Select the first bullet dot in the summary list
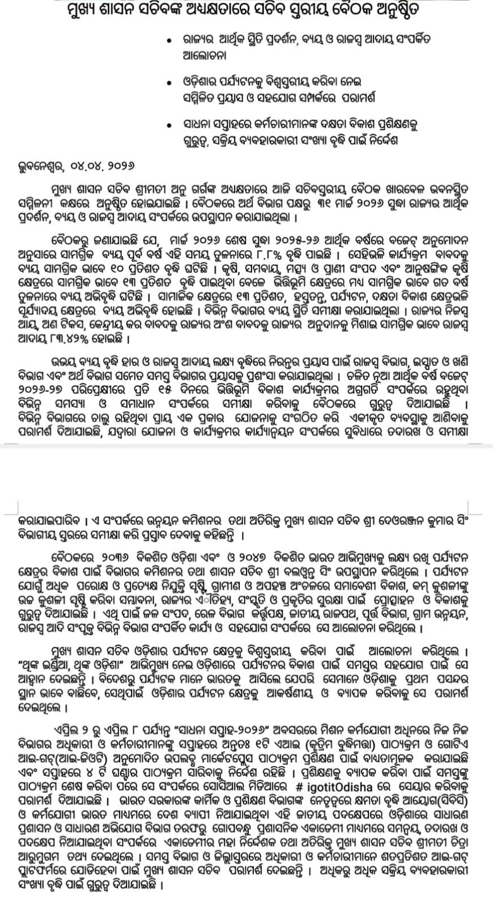tap(166, 42)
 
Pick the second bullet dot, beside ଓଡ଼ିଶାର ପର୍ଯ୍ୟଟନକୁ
tap(166, 83)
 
